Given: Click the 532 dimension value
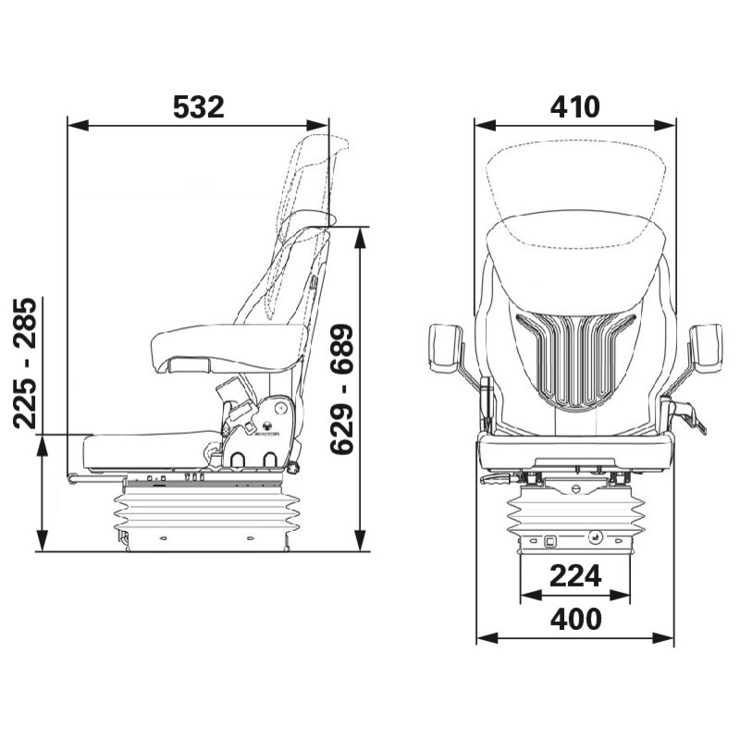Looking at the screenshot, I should [199, 106].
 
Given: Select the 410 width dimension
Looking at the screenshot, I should [574, 106].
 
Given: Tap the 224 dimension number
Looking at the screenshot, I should [575, 576].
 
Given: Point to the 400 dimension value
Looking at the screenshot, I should [575, 618].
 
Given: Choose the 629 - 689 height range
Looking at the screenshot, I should [343, 388].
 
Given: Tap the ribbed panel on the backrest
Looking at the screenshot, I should [575, 356].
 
